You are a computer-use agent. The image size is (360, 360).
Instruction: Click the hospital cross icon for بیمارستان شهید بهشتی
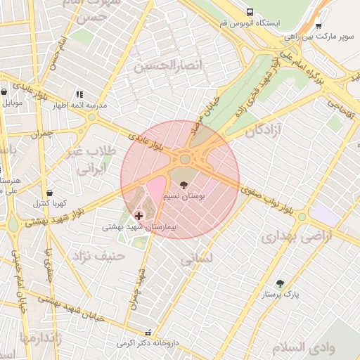tap(138, 215)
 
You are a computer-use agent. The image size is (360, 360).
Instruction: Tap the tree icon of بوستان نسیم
tap(184, 185)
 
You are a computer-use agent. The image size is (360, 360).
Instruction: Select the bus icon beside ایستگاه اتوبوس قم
tap(250, 12)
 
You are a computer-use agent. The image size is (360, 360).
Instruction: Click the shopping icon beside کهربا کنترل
tap(49, 192)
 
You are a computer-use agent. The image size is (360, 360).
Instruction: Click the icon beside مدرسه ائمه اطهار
tap(79, 94)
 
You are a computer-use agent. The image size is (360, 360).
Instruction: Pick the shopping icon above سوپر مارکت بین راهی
tap(318, 25)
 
